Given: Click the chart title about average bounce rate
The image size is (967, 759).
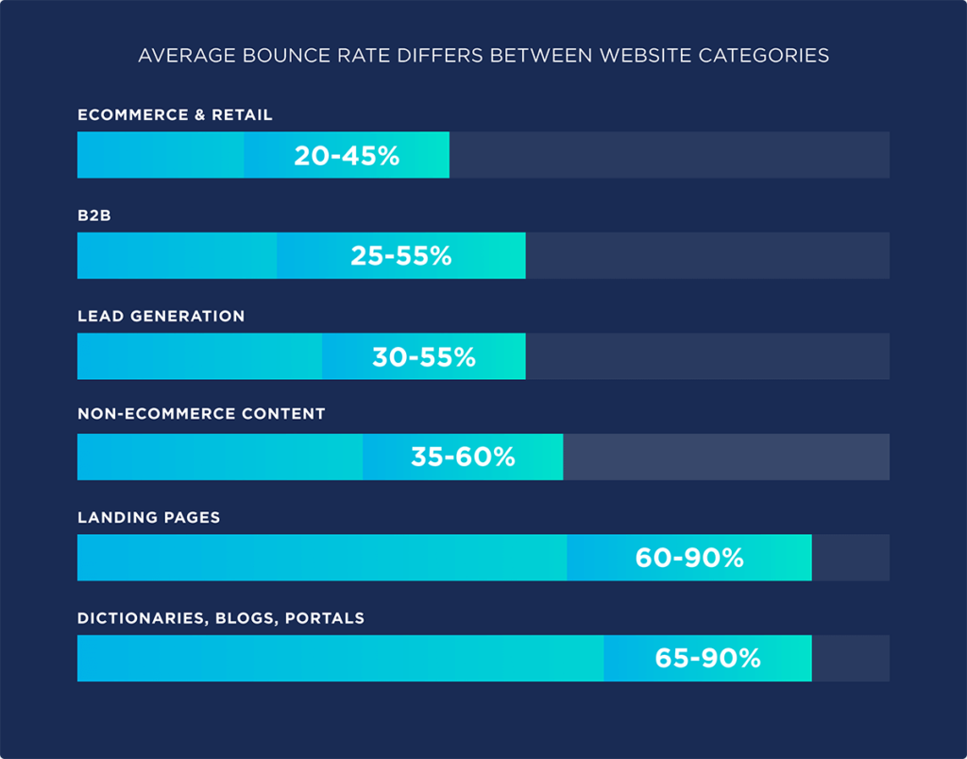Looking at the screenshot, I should coord(483,56).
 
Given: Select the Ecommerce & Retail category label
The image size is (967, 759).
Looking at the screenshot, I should coord(175,115).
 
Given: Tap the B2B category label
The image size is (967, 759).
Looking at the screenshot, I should coord(94,216).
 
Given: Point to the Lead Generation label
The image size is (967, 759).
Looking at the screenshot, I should coord(161,317).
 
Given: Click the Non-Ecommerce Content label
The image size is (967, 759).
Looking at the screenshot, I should coord(201,414).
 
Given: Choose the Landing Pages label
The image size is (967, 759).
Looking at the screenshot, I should coord(148,518).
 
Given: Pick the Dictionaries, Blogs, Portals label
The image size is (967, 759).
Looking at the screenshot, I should coord(221,619).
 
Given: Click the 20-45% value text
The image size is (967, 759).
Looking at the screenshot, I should coord(347,156).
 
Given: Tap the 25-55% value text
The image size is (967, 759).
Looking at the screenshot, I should coord(400,256).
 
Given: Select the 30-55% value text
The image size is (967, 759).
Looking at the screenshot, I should coord(423,357).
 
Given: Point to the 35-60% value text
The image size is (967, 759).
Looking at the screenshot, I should coord(463,457).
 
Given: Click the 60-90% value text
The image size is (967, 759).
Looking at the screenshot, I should coord(689,559).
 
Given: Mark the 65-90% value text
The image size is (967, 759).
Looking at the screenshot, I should coord(707,659).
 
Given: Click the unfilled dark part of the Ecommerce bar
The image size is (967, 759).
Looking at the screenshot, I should coord(669,156).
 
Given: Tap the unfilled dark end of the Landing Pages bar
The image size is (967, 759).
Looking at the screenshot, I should coord(850,559).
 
